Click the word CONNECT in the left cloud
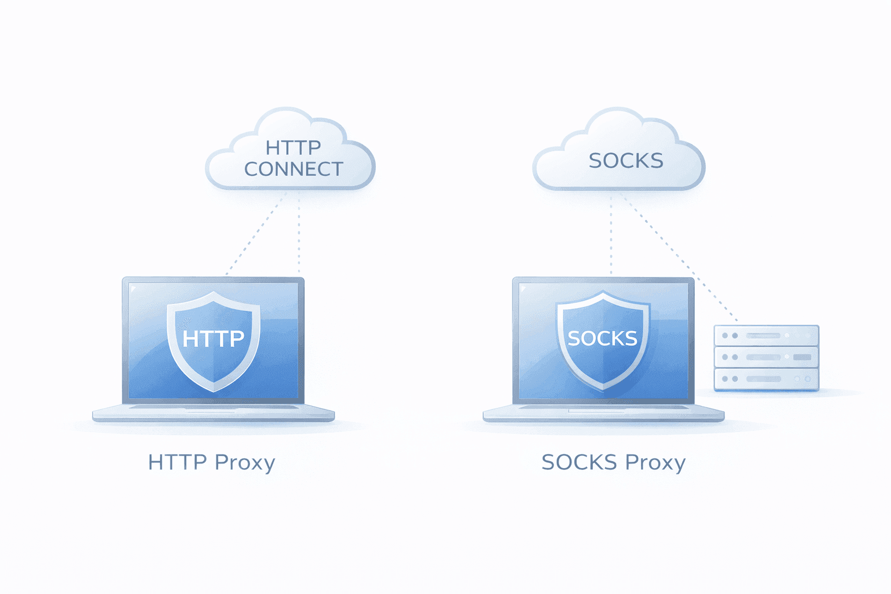294,169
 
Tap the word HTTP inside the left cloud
293,147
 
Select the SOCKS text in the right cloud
625,161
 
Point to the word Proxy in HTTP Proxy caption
245,463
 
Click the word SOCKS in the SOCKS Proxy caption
579,462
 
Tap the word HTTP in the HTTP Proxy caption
177,462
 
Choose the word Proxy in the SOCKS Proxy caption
655,463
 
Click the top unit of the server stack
766,335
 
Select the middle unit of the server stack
766,357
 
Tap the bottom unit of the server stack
766,379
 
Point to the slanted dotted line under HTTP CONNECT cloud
255,235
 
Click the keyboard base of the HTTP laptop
213,412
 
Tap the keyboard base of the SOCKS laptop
603,412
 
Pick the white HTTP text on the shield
213,338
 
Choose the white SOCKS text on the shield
603,338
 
